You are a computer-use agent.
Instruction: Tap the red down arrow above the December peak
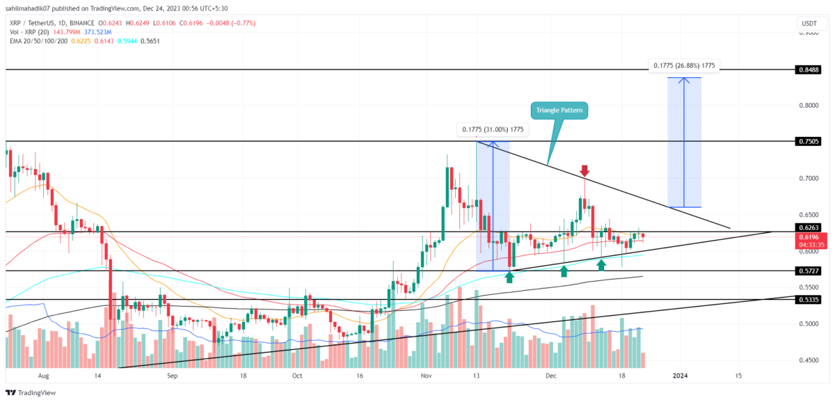(x=585, y=170)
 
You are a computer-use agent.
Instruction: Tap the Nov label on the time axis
(x=426, y=376)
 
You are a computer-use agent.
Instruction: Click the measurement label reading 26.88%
(x=685, y=65)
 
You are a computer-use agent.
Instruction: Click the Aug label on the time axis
(x=43, y=376)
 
